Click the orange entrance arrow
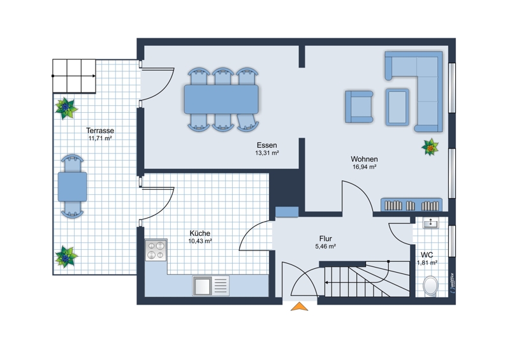coord(299,307)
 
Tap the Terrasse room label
coord(100,131)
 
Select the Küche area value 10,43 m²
coord(200,241)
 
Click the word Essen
coord(266,145)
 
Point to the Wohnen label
coord(364,159)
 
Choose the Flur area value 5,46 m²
coord(325,247)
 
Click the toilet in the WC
coord(430,285)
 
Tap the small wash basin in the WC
coord(430,223)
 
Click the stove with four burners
coord(156,250)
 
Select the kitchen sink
coord(211,285)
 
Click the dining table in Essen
coord(221,99)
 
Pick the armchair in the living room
coord(359,106)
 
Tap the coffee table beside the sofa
coord(397,107)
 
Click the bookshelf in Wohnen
coord(411,205)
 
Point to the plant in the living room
coord(430,147)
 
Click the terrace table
coord(72,187)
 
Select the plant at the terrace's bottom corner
coord(66,257)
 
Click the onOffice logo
coord(453,283)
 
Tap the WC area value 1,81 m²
coord(427,263)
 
